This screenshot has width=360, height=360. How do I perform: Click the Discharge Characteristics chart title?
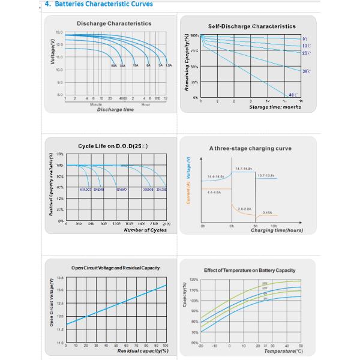[114, 23]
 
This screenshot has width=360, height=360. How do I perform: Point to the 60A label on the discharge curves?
[113, 65]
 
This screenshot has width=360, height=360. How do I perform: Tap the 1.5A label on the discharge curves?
[169, 65]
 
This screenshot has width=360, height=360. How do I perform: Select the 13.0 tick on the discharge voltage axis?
[59, 32]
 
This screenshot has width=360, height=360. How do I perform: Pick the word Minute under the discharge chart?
[95, 104]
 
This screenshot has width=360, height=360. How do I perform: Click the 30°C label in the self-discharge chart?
[306, 71]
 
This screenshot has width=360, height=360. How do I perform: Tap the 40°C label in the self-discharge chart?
[293, 95]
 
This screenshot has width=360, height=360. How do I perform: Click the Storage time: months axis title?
[275, 107]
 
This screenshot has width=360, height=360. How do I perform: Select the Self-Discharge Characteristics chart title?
[251, 26]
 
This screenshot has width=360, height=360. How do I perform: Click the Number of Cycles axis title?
[145, 230]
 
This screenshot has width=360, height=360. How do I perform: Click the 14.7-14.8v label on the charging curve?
[244, 169]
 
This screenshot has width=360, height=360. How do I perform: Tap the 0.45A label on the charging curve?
[268, 212]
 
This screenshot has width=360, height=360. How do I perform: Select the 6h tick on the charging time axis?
[232, 227]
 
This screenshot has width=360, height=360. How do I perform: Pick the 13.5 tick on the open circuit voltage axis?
[59, 278]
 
